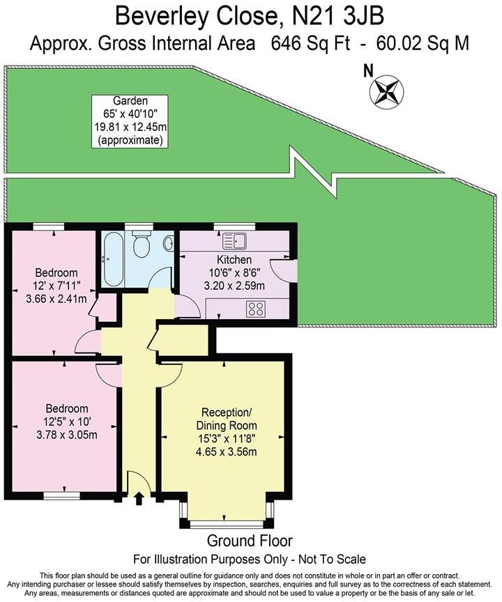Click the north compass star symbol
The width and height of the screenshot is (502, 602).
(x=386, y=91)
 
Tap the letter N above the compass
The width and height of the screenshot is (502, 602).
(x=369, y=70)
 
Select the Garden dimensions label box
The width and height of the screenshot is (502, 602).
(x=130, y=121)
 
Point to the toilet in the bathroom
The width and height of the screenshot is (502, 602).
(x=142, y=245)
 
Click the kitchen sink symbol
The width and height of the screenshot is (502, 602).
(x=234, y=242)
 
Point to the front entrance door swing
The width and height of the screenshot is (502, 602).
(x=137, y=481)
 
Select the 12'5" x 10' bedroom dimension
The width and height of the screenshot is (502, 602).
(x=67, y=422)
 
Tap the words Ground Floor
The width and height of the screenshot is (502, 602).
(x=250, y=541)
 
